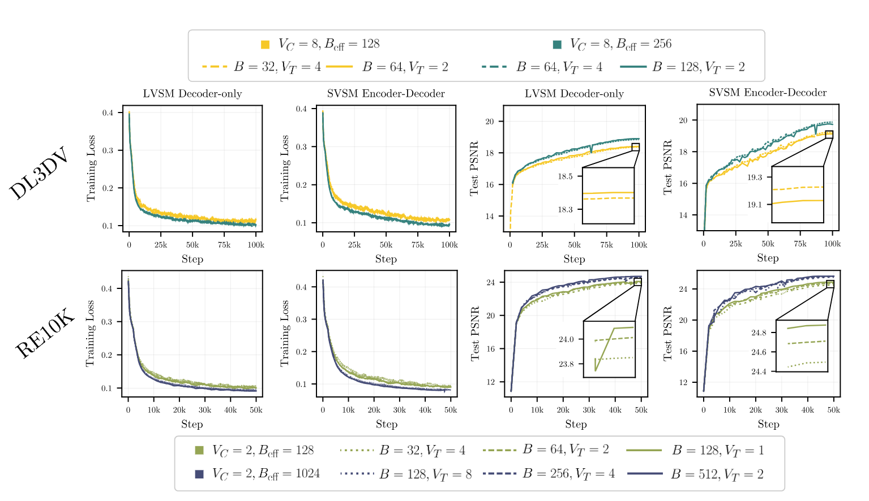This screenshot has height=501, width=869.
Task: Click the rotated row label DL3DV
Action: pyautogui.click(x=39, y=174)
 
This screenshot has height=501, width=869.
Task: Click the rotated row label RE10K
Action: pyautogui.click(x=44, y=334)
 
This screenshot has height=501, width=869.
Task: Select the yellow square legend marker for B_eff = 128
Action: pyautogui.click(x=265, y=45)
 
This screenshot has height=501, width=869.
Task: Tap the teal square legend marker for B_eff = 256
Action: pyautogui.click(x=557, y=45)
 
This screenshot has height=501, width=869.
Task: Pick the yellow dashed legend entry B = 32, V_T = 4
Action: pyautogui.click(x=261, y=67)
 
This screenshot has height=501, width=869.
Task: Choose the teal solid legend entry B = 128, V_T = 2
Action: pyautogui.click(x=682, y=67)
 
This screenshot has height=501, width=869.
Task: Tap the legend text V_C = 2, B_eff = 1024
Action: pyautogui.click(x=266, y=474)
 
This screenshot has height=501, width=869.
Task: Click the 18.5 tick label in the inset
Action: pyautogui.click(x=565, y=176)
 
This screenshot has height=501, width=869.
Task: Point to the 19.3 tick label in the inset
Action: pyautogui.click(x=755, y=178)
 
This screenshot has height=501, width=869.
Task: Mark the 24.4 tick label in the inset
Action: pyautogui.click(x=759, y=372)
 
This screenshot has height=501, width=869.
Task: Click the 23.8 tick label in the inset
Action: pyautogui.click(x=566, y=364)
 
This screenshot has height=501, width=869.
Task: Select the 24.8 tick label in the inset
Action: pyautogui.click(x=759, y=332)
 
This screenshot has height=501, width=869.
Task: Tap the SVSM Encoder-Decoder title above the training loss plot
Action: pyautogui.click(x=386, y=94)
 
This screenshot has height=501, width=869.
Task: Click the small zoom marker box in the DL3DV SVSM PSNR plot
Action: pyautogui.click(x=829, y=135)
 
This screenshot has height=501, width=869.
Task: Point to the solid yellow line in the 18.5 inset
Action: pyautogui.click(x=608, y=193)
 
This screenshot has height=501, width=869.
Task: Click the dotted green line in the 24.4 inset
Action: pyautogui.click(x=807, y=363)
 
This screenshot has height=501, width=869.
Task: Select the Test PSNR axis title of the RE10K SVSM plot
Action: pyautogui.click(x=668, y=334)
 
